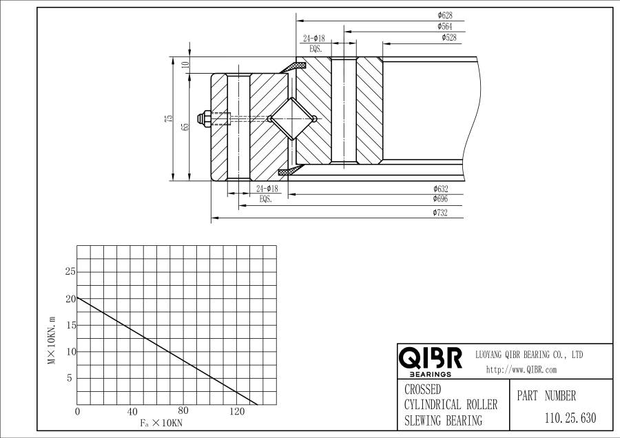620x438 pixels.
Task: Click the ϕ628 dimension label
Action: coord(445,14)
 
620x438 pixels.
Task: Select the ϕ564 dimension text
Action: coord(445,26)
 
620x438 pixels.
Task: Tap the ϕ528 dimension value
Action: coord(448,37)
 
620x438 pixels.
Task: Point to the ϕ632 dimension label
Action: coord(441,189)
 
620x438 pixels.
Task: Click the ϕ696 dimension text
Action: coord(441,200)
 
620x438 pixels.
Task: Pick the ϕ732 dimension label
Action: coord(441,213)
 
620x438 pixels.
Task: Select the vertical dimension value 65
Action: coord(185,127)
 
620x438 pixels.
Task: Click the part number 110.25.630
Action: coord(570,417)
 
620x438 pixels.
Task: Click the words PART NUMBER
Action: coord(546,396)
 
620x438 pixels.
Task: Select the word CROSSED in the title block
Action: coord(422,390)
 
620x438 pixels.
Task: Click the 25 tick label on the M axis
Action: coord(70,272)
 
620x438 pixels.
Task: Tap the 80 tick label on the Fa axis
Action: coord(183,412)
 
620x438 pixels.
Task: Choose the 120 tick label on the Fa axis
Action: coord(236,412)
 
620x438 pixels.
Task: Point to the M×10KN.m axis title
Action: coord(52,341)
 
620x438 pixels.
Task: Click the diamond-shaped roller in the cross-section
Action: coord(291,118)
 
